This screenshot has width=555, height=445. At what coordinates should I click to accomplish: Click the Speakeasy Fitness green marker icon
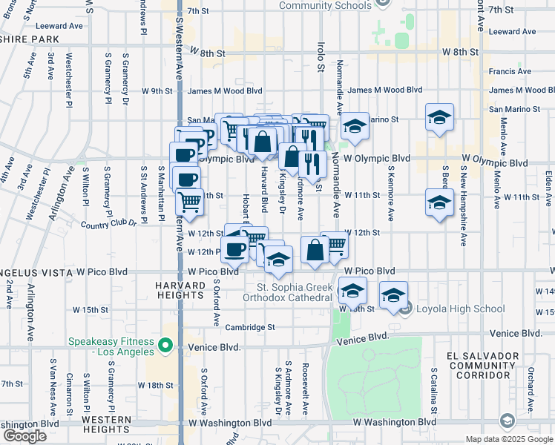tap(167, 346)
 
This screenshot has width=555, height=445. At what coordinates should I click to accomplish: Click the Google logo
tap(24, 436)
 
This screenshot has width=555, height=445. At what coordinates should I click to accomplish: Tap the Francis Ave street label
tap(510, 72)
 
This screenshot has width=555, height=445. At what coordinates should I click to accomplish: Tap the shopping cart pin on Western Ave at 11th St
tap(190, 201)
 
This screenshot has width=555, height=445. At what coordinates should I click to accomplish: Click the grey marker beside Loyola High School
tap(404, 309)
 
